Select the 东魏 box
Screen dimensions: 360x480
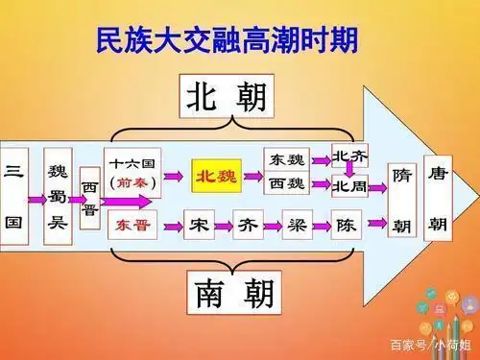(x=287, y=159)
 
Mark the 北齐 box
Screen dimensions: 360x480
(x=349, y=156)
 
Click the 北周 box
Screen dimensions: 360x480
(x=349, y=185)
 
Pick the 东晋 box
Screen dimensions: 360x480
(x=133, y=227)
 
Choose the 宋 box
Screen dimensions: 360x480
(x=198, y=227)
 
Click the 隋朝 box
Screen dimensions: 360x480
(x=402, y=201)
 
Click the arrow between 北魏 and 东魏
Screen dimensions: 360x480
(x=252, y=177)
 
